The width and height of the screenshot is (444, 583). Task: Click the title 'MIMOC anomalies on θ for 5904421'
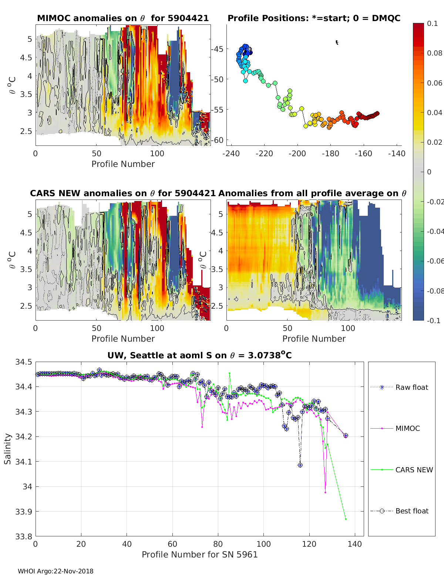pos(123,18)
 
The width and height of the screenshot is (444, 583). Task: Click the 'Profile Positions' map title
pos(314,18)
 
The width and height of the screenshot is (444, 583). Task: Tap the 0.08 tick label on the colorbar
pos(435,53)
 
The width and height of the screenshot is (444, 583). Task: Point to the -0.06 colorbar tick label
pos(435,261)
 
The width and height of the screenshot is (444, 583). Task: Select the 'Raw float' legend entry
pos(411,387)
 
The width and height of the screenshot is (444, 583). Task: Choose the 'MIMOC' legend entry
pos(407,428)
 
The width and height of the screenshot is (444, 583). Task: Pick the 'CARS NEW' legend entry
pos(414,470)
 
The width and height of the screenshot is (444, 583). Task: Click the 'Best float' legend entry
pos(411,511)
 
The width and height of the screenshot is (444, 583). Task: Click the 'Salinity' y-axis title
pos(7,449)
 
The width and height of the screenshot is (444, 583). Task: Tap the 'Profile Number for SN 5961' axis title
pos(199,554)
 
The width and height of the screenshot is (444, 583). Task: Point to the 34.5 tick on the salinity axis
pos(24,362)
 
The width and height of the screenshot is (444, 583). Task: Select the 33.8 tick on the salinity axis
pos(24,536)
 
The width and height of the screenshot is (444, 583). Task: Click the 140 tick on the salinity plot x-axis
pos(355,544)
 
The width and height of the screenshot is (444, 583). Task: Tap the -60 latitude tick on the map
pos(218,140)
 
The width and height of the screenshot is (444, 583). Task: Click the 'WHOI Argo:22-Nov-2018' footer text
pos(55,571)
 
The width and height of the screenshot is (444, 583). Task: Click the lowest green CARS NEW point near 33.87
pos(346,519)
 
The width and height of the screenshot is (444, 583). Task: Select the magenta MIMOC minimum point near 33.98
pos(325,492)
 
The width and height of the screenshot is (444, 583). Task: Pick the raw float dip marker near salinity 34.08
pos(300,465)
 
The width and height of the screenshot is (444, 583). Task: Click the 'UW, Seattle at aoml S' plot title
pos(199,355)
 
